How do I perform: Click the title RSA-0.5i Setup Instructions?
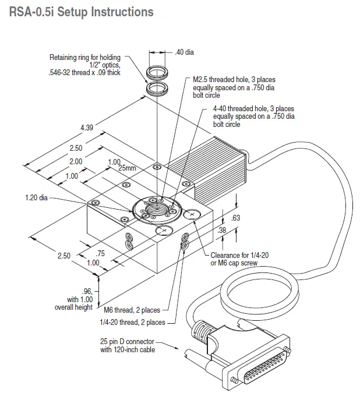(82, 11)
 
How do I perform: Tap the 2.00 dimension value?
(76, 161)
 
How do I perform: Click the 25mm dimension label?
(127, 168)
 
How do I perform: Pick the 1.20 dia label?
(36, 197)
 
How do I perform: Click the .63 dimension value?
(236, 218)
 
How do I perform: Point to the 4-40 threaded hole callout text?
(253, 116)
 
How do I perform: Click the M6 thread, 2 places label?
(132, 310)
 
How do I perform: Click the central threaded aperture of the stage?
(157, 208)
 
